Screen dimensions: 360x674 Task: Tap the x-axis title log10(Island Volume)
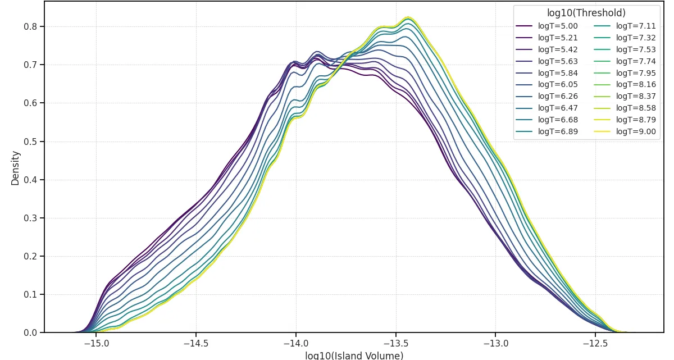click(x=354, y=356)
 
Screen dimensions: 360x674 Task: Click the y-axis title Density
click(x=15, y=167)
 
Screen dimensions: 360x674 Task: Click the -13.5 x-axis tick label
click(x=395, y=343)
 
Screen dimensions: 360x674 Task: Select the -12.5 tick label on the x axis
click(x=595, y=343)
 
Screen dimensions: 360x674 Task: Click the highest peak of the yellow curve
click(x=408, y=17)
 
